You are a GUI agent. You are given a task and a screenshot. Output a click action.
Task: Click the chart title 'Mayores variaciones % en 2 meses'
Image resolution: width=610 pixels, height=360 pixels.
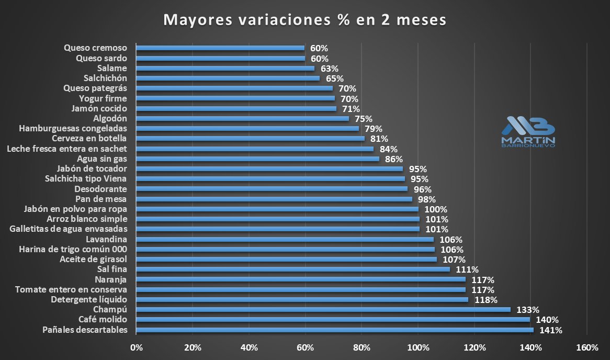click(305, 20)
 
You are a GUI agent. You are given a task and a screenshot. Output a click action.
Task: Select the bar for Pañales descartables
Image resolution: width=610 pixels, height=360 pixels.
click(335, 330)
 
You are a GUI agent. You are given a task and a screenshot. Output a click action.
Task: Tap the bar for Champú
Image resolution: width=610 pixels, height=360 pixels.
click(323, 310)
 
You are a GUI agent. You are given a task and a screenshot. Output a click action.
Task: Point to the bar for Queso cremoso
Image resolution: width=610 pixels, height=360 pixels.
click(220, 48)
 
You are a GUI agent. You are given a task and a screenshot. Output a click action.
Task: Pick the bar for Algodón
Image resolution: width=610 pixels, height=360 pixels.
click(243, 119)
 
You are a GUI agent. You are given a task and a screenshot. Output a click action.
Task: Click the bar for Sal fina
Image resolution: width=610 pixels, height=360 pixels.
click(293, 269)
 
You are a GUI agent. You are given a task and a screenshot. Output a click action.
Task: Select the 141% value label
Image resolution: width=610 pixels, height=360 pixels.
click(551, 330)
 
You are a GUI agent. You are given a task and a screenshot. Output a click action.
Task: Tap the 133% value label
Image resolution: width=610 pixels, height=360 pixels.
click(528, 310)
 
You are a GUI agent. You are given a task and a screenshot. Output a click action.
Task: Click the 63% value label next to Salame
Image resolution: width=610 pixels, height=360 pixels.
click(329, 69)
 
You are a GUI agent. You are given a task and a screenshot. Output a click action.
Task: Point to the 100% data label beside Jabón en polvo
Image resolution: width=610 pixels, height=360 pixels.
click(436, 209)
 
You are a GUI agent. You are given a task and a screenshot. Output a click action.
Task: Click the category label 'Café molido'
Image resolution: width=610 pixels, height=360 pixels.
click(103, 320)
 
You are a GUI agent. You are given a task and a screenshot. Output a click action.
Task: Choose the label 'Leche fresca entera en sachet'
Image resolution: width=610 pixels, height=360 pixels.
click(67, 149)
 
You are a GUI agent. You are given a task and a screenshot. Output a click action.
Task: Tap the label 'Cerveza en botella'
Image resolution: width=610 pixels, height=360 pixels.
click(89, 139)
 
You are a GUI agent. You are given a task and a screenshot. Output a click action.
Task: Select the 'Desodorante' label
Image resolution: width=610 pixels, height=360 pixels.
click(100, 189)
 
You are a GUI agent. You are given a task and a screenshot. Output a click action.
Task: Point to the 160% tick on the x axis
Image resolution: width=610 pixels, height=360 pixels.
click(587, 348)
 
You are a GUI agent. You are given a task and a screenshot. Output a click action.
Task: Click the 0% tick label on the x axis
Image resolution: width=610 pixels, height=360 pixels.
click(136, 348)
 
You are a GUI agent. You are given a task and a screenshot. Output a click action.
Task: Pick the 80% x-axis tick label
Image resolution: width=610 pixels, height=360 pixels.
click(362, 348)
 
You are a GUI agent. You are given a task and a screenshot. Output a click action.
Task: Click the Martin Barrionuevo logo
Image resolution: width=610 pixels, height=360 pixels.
click(528, 131)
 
